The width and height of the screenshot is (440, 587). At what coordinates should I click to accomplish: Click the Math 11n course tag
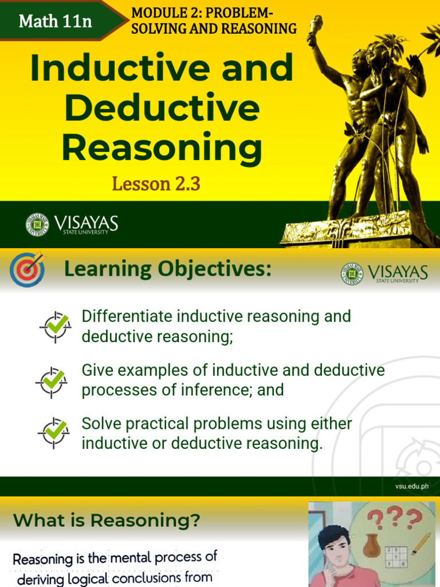(55, 21)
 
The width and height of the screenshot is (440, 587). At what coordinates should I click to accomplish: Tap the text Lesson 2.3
(156, 184)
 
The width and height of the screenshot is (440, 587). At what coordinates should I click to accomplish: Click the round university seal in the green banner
(37, 225)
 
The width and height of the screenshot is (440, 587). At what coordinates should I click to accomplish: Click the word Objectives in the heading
(215, 268)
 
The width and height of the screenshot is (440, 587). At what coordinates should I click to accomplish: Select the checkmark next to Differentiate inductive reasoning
(56, 326)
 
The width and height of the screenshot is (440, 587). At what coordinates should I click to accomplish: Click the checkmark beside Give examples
(52, 381)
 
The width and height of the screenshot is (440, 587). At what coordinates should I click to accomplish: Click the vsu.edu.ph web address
(411, 487)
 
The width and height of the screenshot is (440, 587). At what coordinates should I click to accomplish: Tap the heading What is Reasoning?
(107, 521)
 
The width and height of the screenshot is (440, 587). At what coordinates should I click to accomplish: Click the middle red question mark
(394, 519)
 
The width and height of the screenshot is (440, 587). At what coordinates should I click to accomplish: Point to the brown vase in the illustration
(371, 546)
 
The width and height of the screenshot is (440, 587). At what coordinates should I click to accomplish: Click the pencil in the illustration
(421, 544)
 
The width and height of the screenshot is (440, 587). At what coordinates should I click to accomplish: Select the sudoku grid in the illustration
(396, 558)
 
